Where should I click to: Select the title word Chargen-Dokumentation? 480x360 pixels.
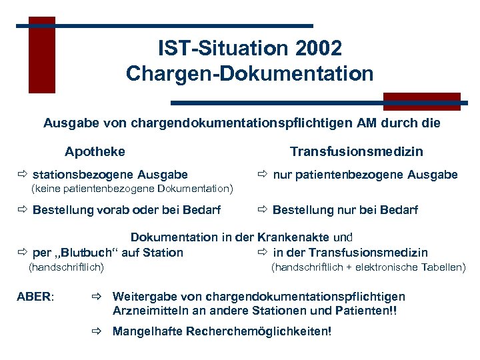[250, 73]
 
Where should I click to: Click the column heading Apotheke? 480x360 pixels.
[95, 151]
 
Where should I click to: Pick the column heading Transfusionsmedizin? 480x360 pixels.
[356, 151]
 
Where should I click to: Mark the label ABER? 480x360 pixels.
[35, 297]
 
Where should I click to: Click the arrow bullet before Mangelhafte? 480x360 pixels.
[99, 331]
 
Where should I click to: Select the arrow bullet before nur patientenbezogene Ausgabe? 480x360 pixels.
[263, 175]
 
